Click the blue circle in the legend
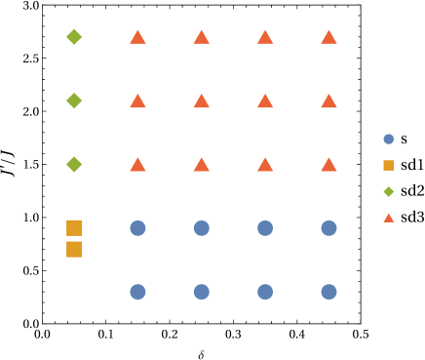(x=388, y=140)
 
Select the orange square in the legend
(x=388, y=165)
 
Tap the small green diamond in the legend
(x=388, y=191)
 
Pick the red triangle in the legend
(x=388, y=218)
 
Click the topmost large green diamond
(x=74, y=37)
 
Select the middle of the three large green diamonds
(x=74, y=100)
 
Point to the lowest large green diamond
(x=74, y=164)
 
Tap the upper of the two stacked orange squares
(x=74, y=227)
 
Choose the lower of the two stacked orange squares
(x=74, y=249)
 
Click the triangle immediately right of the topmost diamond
(x=137, y=38)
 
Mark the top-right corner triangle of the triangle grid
(x=328, y=38)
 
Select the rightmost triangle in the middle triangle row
(x=328, y=101)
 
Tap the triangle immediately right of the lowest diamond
(x=137, y=165)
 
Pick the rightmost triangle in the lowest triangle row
(x=328, y=165)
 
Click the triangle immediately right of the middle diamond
(x=137, y=101)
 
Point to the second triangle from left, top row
(x=201, y=38)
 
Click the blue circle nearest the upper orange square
(x=137, y=228)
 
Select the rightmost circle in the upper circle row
(x=328, y=228)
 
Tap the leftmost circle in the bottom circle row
(x=137, y=292)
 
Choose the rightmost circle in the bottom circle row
(x=328, y=292)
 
